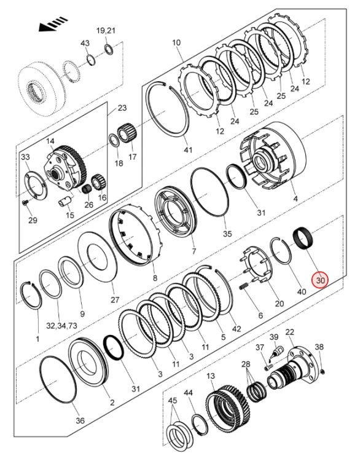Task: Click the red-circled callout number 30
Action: tap(320, 280)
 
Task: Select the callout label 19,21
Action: tap(106, 31)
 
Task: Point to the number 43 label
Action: tap(85, 43)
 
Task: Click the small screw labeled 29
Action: tap(25, 203)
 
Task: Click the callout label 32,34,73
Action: tap(61, 325)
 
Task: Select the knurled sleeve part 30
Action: tap(303, 239)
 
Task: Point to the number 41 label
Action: tap(188, 150)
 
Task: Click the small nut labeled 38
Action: tap(323, 372)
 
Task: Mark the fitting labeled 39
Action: tap(276, 351)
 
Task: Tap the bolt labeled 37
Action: tap(268, 366)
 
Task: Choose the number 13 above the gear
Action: tap(211, 376)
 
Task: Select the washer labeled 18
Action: tap(114, 140)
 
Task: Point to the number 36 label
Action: tap(80, 420)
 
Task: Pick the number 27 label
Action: tap(115, 299)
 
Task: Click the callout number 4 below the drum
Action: tap(295, 199)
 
